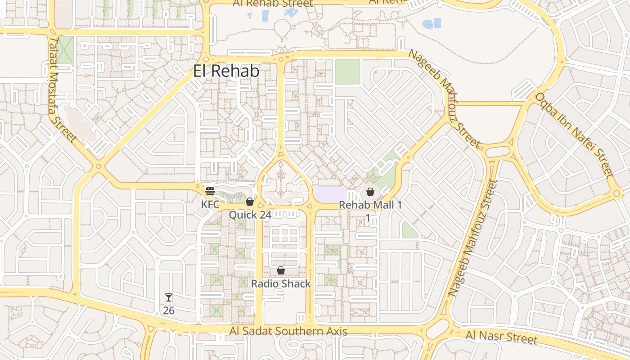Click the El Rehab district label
226,71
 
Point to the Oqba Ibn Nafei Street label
574,135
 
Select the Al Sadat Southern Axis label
288,332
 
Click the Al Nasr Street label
501,337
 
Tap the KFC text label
210,204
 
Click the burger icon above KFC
210,191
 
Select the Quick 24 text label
250,215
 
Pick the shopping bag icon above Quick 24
250,202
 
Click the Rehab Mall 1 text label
370,205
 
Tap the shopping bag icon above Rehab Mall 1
370,192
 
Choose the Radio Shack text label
281,283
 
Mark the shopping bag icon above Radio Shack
281,270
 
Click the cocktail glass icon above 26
169,297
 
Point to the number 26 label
169,310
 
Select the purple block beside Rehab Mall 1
329,194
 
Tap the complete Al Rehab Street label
273,4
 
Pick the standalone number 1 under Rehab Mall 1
367,218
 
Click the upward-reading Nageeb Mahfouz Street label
473,238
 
